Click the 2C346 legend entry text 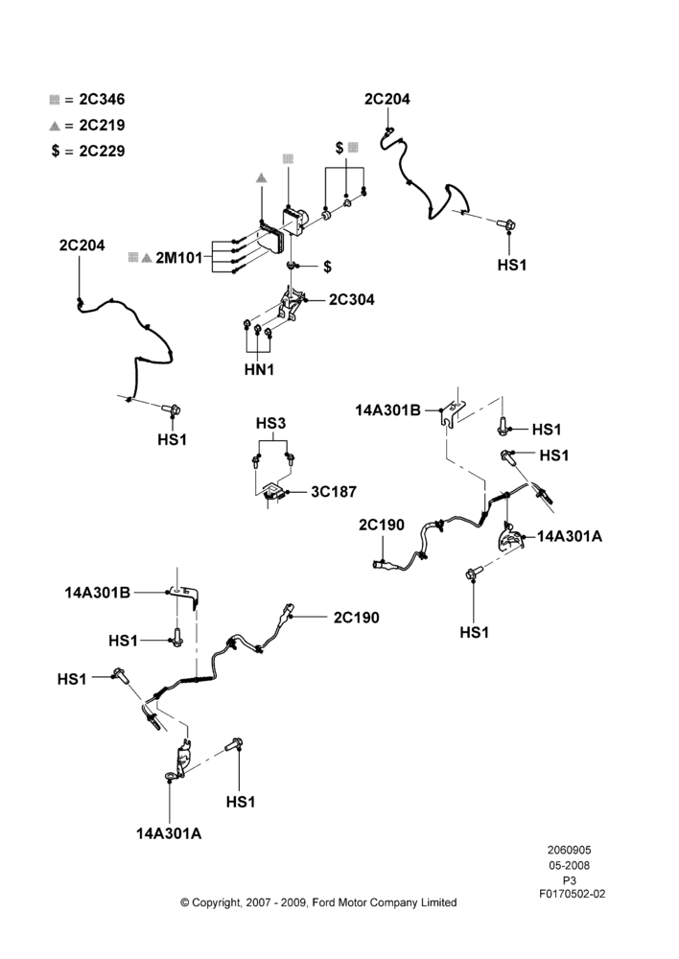pyautogui.click(x=103, y=99)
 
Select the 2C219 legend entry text pyautogui.click(x=103, y=125)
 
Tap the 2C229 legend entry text pyautogui.click(x=103, y=151)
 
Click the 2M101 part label pyautogui.click(x=178, y=257)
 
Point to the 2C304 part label pyautogui.click(x=352, y=299)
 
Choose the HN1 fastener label pyautogui.click(x=259, y=369)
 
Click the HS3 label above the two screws pyautogui.click(x=270, y=423)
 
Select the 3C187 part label pyautogui.click(x=334, y=492)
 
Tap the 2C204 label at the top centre pyautogui.click(x=387, y=99)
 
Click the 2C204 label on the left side pyautogui.click(x=82, y=246)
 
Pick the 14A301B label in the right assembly pyautogui.click(x=387, y=410)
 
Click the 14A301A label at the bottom pyautogui.click(x=169, y=833)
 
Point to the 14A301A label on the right pyautogui.click(x=570, y=536)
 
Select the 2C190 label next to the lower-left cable pyautogui.click(x=356, y=618)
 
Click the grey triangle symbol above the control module pyautogui.click(x=261, y=178)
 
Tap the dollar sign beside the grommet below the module pyautogui.click(x=327, y=267)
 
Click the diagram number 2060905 pyautogui.click(x=569, y=850)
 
